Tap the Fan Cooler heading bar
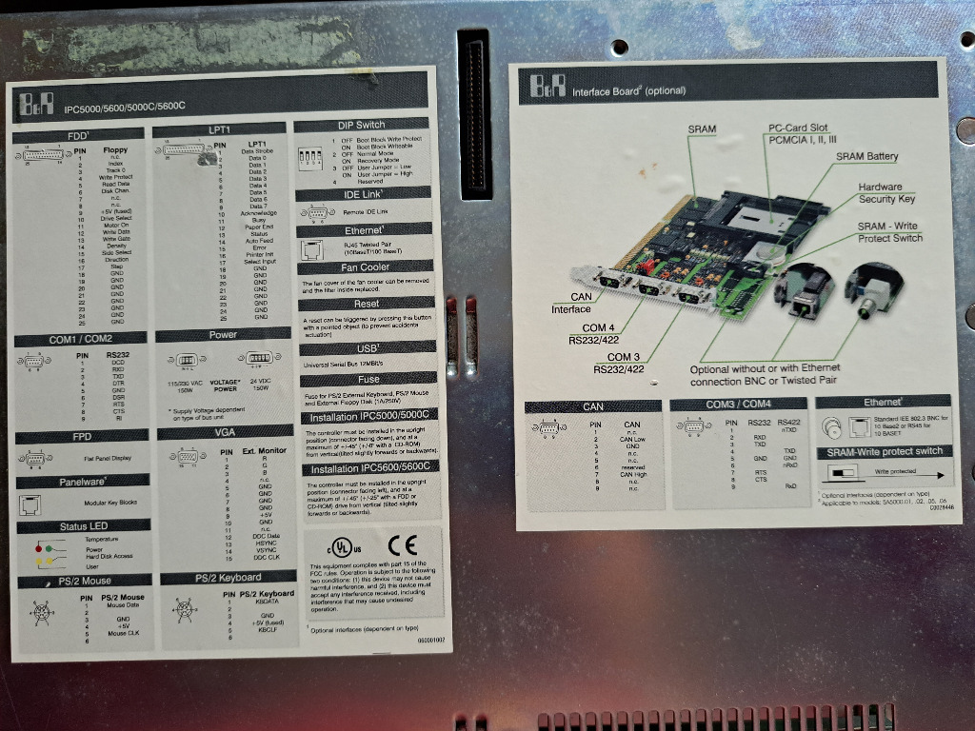point(367,267)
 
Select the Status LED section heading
point(85,526)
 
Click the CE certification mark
point(402,545)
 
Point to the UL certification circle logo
point(340,548)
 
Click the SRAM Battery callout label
point(866,156)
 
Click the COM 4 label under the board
point(598,327)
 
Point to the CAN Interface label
point(574,303)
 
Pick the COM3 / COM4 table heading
point(739,405)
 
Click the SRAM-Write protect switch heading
point(884,451)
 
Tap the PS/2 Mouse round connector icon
point(42,614)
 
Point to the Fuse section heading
point(367,379)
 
